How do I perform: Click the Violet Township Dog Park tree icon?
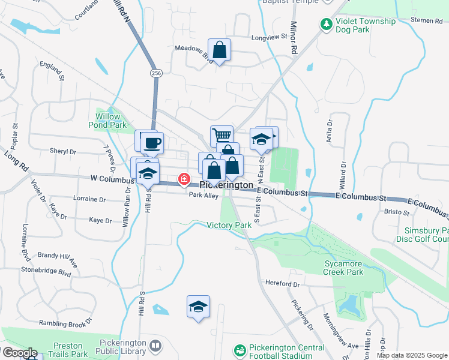click(327, 25)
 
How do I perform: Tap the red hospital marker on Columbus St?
click(183, 179)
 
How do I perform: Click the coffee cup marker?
click(153, 143)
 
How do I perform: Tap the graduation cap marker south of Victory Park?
click(198, 307)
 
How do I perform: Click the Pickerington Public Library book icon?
click(155, 346)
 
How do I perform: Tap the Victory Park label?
click(229, 225)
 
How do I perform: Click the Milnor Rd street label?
click(294, 39)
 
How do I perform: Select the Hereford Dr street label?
click(280, 284)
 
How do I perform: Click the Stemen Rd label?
click(427, 21)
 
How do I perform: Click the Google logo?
click(19, 353)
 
